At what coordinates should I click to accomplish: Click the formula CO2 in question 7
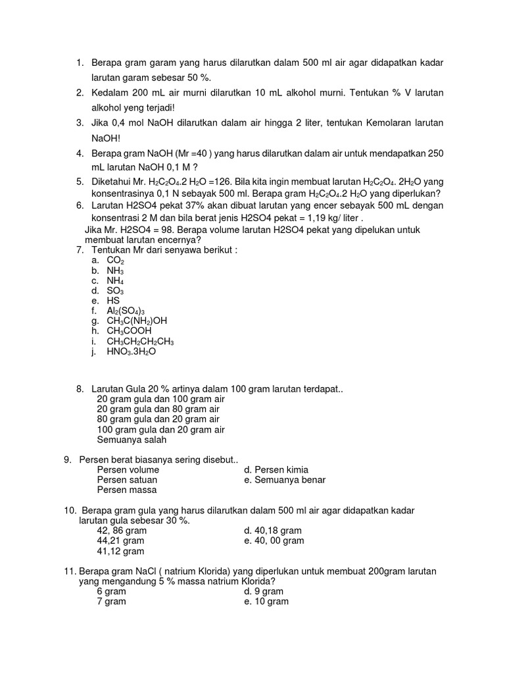click(115, 261)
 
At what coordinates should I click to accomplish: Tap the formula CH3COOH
click(129, 330)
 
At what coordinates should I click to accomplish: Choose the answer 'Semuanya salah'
click(132, 440)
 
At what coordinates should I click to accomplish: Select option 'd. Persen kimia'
click(276, 470)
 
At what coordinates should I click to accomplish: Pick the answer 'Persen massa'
click(127, 490)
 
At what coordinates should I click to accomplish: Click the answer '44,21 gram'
click(122, 540)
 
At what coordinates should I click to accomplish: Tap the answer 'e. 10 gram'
click(266, 601)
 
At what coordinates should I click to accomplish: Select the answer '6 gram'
click(111, 591)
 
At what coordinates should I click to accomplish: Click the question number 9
click(67, 459)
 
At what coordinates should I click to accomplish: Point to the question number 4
click(80, 153)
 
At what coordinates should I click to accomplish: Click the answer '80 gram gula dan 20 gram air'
click(158, 419)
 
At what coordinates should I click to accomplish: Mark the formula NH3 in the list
click(115, 271)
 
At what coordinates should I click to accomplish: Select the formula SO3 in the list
click(115, 290)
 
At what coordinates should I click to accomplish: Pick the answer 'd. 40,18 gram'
click(272, 531)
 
